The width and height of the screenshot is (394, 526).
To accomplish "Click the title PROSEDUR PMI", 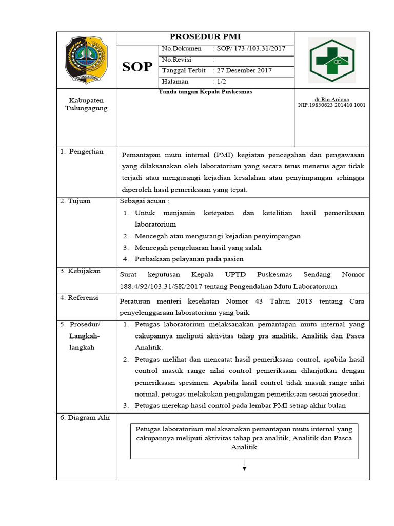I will click(205, 37).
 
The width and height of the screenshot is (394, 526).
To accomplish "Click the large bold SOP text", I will click(137, 67).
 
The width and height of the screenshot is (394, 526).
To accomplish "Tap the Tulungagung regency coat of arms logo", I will click(86, 60).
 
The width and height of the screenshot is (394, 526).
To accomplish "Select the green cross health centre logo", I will click(331, 60).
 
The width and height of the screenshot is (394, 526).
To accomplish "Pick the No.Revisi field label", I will click(176, 60).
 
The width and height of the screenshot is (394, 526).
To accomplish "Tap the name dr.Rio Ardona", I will click(331, 99).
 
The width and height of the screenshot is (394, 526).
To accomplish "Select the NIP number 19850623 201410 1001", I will click(331, 105).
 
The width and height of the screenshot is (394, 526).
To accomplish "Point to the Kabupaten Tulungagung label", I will click(86, 104).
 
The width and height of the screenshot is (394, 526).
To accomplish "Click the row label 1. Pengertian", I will click(82, 152).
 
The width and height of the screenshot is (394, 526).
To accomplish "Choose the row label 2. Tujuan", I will click(75, 201).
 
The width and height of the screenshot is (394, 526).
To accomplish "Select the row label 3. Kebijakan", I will click(81, 271).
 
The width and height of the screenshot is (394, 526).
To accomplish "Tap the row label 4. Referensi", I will click(81, 298).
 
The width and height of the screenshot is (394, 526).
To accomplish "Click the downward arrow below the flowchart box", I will click(244, 467).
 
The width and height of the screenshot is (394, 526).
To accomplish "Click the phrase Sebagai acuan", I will click(144, 201).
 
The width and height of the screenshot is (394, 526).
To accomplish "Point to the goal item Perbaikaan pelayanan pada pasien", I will click(189, 259).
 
